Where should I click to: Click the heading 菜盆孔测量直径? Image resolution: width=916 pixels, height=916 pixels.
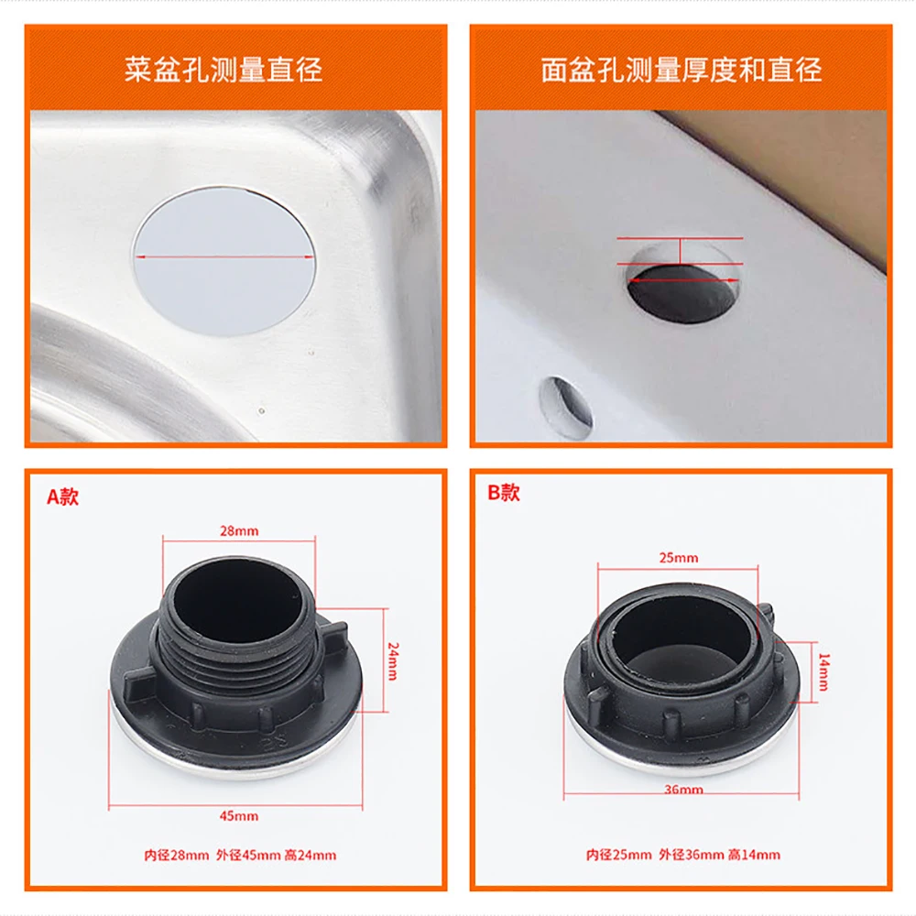click(x=224, y=71)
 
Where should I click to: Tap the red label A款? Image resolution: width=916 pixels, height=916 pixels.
click(x=63, y=497)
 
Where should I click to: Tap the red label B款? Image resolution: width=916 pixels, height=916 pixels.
click(x=503, y=493)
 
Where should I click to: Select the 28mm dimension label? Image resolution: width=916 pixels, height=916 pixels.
click(x=239, y=530)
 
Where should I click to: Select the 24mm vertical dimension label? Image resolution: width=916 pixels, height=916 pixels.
click(x=392, y=660)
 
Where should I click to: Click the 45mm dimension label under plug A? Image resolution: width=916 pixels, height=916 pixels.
click(x=239, y=815)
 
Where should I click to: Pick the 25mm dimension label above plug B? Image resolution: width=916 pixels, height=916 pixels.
click(x=679, y=558)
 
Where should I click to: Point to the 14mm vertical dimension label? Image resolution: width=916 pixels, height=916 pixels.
click(x=823, y=672)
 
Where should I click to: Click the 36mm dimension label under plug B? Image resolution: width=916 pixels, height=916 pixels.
click(x=683, y=790)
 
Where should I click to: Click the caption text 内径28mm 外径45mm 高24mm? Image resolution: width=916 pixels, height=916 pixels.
click(x=240, y=856)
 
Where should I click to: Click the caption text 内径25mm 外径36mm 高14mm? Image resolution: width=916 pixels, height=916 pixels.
click(x=683, y=856)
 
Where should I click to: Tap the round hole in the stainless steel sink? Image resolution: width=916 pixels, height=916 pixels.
click(x=225, y=260)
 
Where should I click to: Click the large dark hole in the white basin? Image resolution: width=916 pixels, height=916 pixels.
click(x=682, y=293)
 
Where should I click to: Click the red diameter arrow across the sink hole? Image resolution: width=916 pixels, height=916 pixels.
click(x=225, y=257)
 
